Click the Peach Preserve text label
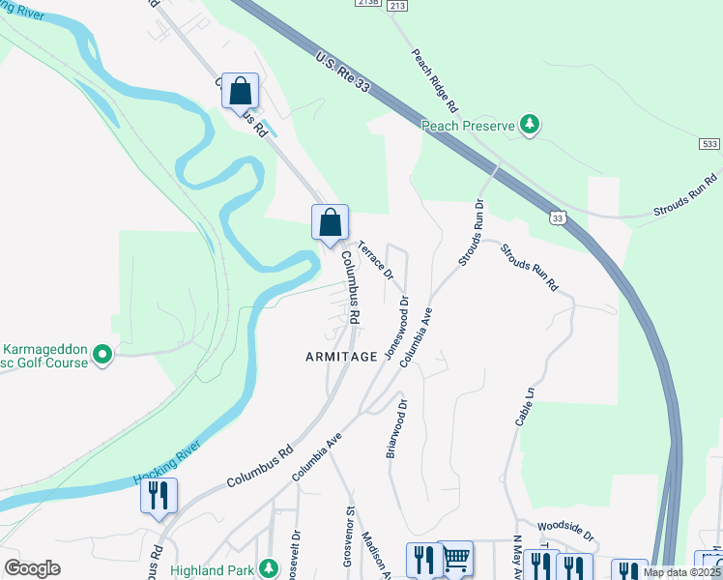pos(469,125)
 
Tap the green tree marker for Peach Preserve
pos(529,125)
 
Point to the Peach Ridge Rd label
pos(432,78)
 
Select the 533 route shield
pos(709,143)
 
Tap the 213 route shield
pos(396,5)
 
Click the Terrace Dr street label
pos(376,259)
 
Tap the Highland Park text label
pos(218,569)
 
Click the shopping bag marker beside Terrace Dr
pos(331,221)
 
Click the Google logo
pos(33,568)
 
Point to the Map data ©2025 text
pos(681,572)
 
